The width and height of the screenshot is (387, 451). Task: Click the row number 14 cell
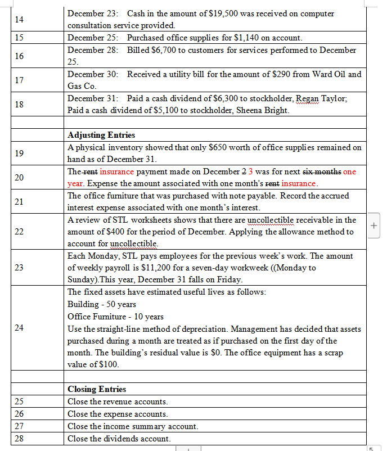pyautogui.click(x=19, y=19)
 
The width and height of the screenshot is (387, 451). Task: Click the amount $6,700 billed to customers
pyautogui.click(x=158, y=50)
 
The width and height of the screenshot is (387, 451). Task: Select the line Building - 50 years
pyautogui.click(x=102, y=304)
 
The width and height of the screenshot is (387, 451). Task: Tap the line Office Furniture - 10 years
pyautogui.click(x=115, y=317)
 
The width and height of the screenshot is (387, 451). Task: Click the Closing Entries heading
pyautogui.click(x=97, y=389)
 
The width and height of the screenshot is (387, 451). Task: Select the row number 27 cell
pyautogui.click(x=19, y=426)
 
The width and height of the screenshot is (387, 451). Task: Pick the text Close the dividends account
pyautogui.click(x=119, y=438)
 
